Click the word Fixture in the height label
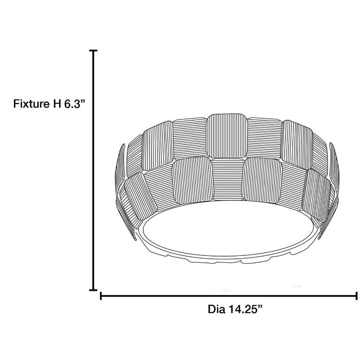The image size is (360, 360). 30,104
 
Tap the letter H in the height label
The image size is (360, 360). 57,104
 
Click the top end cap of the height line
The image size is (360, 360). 94,50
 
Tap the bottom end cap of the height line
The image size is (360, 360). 94,289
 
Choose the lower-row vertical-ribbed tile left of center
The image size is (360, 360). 192,180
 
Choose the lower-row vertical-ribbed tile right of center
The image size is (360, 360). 262,180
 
